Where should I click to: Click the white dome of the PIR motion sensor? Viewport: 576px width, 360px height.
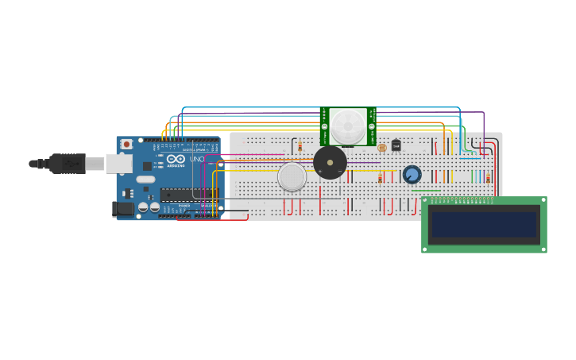pyautogui.click(x=348, y=126)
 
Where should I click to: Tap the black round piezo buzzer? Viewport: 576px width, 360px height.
pyautogui.click(x=330, y=163)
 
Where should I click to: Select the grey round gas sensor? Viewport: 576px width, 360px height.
pyautogui.click(x=292, y=176)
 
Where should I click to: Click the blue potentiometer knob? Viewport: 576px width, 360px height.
pyautogui.click(x=412, y=174)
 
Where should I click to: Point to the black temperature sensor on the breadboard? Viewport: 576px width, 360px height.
pyautogui.click(x=396, y=145)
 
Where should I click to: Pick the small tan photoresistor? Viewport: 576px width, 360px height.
pyautogui.click(x=382, y=148)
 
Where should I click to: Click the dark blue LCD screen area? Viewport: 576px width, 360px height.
pyautogui.click(x=483, y=224)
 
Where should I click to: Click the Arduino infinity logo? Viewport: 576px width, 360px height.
pyautogui.click(x=176, y=159)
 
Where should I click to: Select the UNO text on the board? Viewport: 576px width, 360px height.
pyautogui.click(x=196, y=159)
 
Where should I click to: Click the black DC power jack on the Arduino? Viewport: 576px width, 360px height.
pyautogui.click(x=122, y=209)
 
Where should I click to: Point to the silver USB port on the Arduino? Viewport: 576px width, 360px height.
pyautogui.click(x=118, y=163)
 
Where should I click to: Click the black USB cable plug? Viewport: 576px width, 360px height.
pyautogui.click(x=68, y=163)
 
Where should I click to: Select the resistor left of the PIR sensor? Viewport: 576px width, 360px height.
pyautogui.click(x=300, y=146)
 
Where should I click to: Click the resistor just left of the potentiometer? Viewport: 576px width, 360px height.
pyautogui.click(x=381, y=178)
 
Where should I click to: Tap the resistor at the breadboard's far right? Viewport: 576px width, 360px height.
pyautogui.click(x=488, y=178)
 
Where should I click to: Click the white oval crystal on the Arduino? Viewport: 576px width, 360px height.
pyautogui.click(x=146, y=180)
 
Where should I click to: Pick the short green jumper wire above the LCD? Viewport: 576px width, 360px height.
pyautogui.click(x=425, y=191)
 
